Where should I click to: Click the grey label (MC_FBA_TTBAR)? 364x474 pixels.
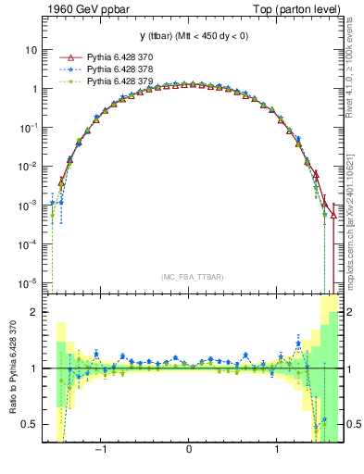(190, 275)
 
